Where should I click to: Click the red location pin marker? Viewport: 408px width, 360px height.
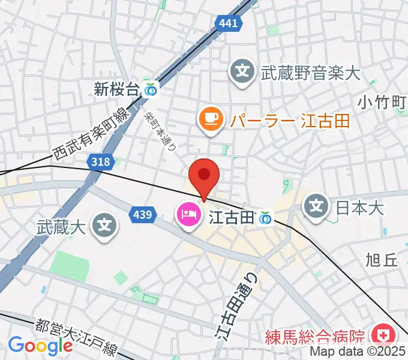[204, 175]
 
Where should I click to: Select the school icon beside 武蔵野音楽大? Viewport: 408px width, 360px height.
[243, 74]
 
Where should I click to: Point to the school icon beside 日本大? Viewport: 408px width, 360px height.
[317, 208]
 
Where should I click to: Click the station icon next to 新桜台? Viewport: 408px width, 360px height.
[151, 90]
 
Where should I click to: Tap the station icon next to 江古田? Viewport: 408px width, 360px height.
[265, 220]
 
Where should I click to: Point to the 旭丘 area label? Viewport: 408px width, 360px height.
[382, 260]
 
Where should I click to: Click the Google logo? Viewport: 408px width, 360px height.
[41, 345]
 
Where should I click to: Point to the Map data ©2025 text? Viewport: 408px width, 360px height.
[358, 352]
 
